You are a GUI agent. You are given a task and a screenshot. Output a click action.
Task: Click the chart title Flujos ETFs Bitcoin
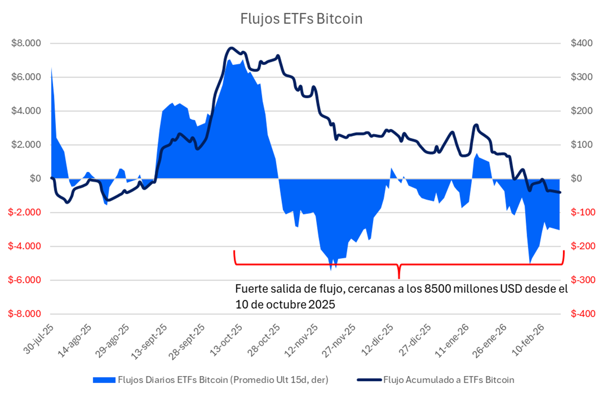pyautogui.click(x=301, y=19)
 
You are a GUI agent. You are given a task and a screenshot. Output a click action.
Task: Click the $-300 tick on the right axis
pyautogui.click(x=582, y=280)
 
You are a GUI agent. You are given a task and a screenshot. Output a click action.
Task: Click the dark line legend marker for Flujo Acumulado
pyautogui.click(x=369, y=380)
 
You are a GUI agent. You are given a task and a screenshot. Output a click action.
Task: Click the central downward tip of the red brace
pyautogui.click(x=399, y=277)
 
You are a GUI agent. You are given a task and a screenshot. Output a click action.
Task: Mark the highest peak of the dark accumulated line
pyautogui.click(x=230, y=48)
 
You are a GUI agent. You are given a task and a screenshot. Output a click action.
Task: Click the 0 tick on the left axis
pyautogui.click(x=35, y=179)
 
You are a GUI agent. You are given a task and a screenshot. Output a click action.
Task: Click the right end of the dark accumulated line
pyautogui.click(x=560, y=192)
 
